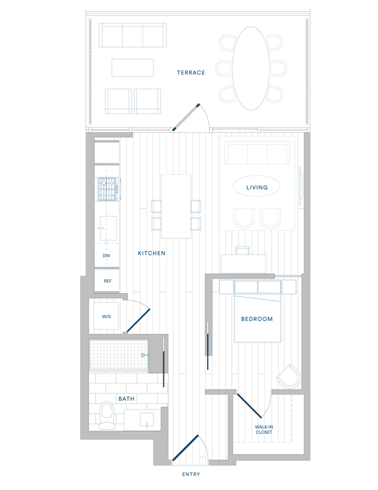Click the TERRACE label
[191, 73]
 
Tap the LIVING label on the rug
[256, 188]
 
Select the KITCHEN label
[152, 253]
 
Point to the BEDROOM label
[256, 319]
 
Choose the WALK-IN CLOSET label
[265, 429]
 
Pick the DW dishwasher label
[106, 256]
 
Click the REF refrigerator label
[107, 281]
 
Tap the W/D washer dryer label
[106, 317]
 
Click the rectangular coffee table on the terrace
[133, 68]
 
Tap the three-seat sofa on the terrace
[133, 36]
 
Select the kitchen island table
[176, 206]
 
